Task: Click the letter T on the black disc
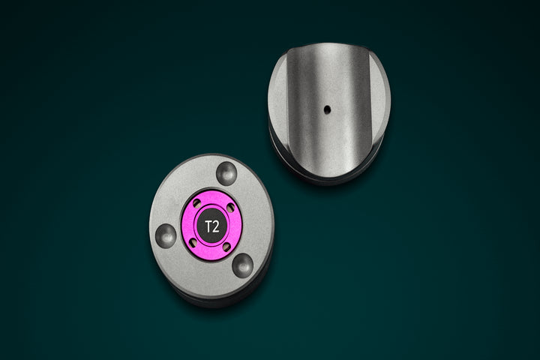[x=208, y=226]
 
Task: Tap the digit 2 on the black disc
[x=215, y=226]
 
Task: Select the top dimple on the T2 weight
[x=226, y=172]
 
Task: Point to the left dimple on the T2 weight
[x=166, y=235]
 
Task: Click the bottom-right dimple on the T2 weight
[x=243, y=264]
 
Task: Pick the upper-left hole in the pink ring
[x=197, y=203]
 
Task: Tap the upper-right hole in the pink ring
[x=231, y=208]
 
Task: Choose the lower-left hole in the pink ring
[x=193, y=243]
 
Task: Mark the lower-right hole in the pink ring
[x=226, y=247]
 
